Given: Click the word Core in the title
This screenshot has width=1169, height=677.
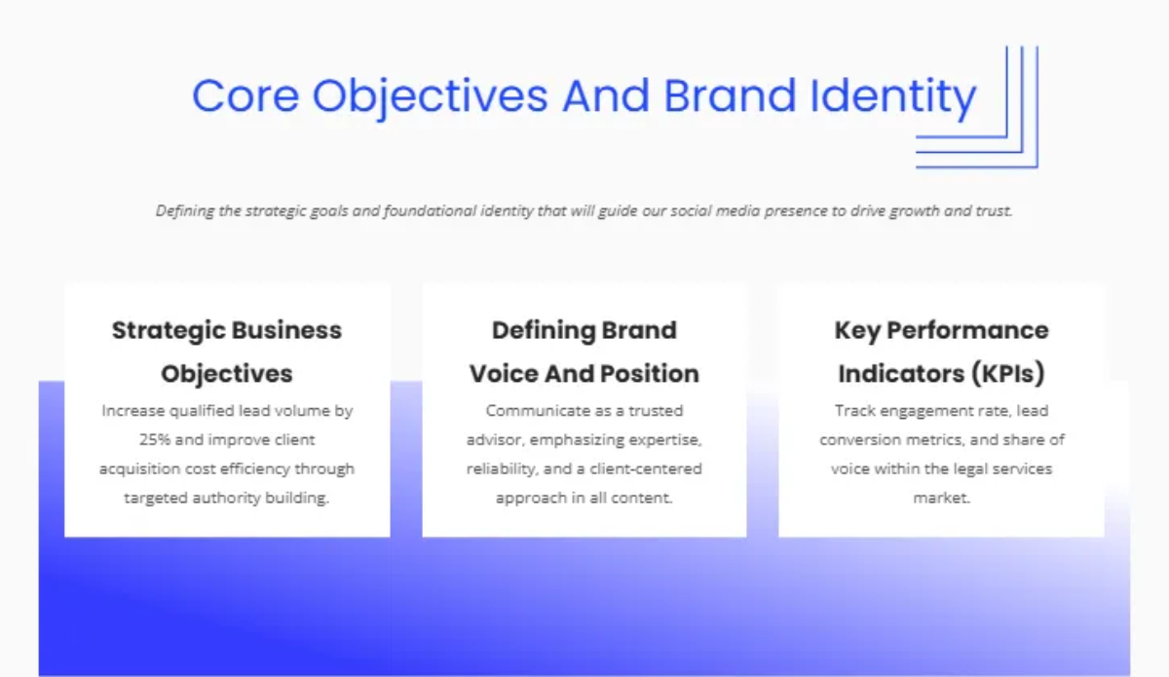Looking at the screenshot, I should [x=245, y=96].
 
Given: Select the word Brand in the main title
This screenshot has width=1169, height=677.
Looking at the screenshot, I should [x=727, y=96].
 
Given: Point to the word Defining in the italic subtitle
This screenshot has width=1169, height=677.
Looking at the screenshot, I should [x=184, y=210].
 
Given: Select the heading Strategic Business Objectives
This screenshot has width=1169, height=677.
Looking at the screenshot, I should [x=227, y=352].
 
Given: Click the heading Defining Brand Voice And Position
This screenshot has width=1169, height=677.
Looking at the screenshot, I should [x=584, y=352].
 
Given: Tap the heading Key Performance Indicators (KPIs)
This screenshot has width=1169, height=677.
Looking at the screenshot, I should [x=941, y=352].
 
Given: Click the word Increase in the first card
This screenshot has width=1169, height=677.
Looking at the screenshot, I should [x=136, y=411].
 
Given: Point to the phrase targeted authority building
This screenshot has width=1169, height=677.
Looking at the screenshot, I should [x=227, y=498].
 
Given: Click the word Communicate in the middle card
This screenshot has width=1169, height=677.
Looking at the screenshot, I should [x=531, y=411].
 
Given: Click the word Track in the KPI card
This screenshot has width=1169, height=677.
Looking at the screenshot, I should [x=852, y=411].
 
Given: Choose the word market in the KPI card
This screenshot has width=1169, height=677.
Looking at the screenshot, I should [x=941, y=498].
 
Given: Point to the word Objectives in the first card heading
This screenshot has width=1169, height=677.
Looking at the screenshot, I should [x=227, y=373].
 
